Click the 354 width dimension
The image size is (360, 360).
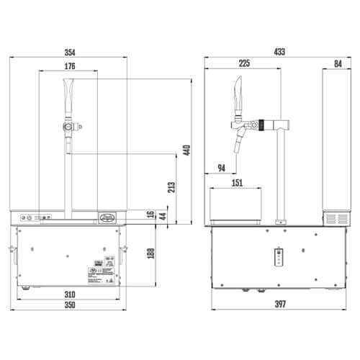[x=69, y=52]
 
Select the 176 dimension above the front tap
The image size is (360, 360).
[x=69, y=66]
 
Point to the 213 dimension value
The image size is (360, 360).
[x=171, y=188]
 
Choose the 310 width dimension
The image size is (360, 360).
[x=69, y=295]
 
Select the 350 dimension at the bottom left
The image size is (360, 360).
[x=69, y=305]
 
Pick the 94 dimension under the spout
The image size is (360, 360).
[x=221, y=168]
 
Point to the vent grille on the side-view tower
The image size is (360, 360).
[x=333, y=217]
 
